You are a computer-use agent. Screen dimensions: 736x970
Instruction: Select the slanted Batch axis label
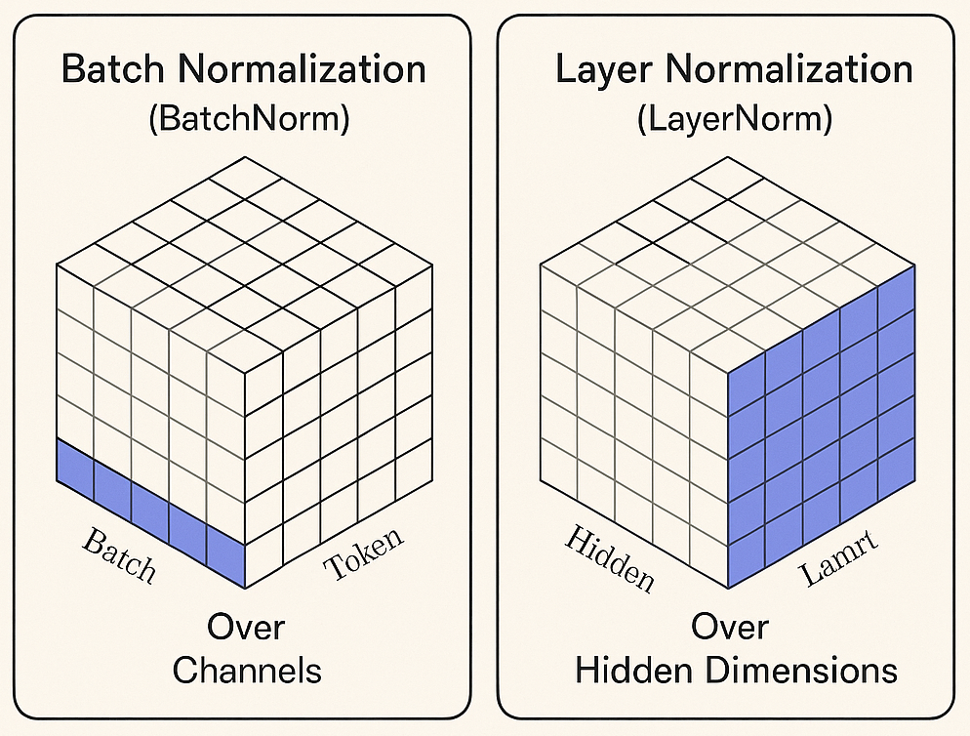coord(119,555)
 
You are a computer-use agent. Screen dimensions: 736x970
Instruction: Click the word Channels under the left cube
coord(246,671)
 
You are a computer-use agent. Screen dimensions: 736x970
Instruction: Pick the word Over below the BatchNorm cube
coord(246,627)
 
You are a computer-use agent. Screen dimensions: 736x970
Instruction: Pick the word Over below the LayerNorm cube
coord(730,627)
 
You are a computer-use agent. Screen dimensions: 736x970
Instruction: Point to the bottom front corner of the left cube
coord(244,589)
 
